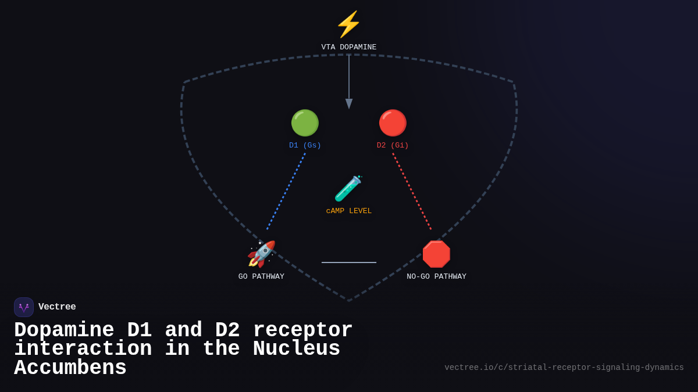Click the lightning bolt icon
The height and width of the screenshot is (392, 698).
click(349, 24)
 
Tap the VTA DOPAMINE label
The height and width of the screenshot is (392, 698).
click(349, 48)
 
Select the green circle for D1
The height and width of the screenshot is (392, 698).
click(305, 123)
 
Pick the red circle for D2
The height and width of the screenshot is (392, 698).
click(393, 123)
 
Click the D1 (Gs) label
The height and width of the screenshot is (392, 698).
click(305, 146)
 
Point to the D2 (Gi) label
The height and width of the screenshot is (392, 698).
click(393, 146)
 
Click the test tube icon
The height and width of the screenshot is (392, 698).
click(348, 189)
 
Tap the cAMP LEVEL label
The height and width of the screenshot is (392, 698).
click(349, 211)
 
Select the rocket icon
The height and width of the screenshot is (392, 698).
click(261, 254)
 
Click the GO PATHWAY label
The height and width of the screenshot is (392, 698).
click(261, 277)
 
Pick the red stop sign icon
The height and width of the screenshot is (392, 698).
click(436, 254)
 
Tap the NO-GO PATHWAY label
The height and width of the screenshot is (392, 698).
click(436, 277)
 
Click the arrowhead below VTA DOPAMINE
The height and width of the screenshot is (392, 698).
click(349, 103)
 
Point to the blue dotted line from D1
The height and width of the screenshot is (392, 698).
click(286, 192)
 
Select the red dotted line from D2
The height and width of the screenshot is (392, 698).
click(412, 192)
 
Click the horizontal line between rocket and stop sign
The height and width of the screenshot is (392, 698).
click(349, 262)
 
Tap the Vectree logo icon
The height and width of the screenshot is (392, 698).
click(24, 307)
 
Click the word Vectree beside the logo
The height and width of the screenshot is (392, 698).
click(57, 307)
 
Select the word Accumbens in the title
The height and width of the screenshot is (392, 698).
click(70, 369)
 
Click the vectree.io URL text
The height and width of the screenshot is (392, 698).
click(564, 368)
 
